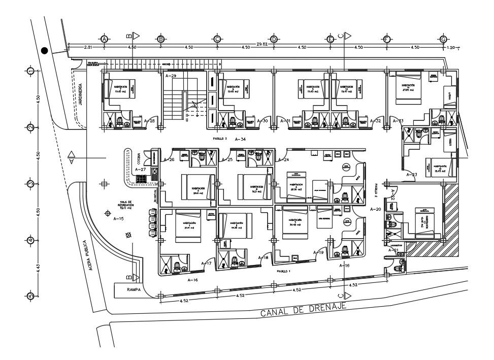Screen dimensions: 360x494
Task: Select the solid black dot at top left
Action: pyautogui.click(x=45, y=50)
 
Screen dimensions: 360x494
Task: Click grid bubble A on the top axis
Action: pyautogui.click(x=104, y=39)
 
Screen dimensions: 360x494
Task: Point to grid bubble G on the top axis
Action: pyautogui.click(x=443, y=39)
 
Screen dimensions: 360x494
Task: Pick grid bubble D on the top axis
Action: pyautogui.click(x=274, y=39)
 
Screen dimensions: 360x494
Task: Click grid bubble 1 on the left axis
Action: pyautogui.click(x=30, y=71)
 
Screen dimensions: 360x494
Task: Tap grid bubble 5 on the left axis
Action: pyautogui.click(x=30, y=296)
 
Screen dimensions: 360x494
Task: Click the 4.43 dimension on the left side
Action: pyautogui.click(x=38, y=268)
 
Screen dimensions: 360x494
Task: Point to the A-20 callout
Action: pyautogui.click(x=375, y=209)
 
